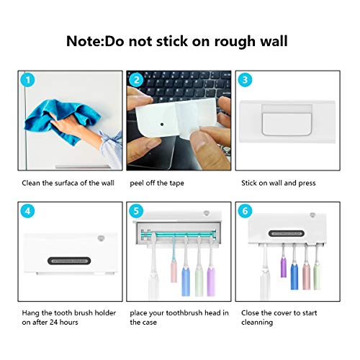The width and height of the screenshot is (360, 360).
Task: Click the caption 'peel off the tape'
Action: tap(156, 183)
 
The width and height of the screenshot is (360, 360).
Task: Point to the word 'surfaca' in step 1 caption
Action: tap(59, 183)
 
